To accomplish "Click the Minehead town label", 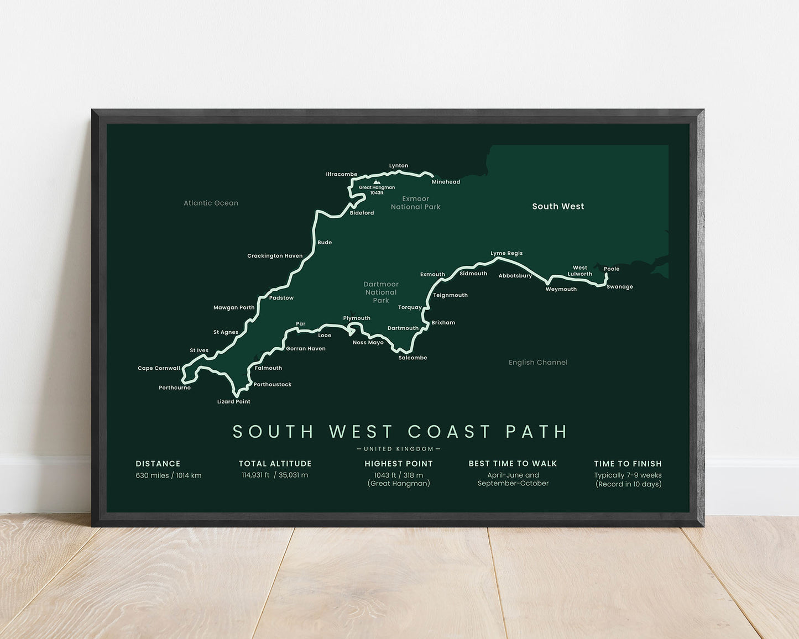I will click(446, 182).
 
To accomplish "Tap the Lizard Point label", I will click(233, 402).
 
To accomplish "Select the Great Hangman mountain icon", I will click(377, 181).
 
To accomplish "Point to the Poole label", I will click(612, 269).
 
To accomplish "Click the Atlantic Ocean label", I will click(211, 203).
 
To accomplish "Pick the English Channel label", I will click(538, 363).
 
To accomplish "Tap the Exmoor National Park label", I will click(415, 203).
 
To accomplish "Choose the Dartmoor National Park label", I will click(381, 292).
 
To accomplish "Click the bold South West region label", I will click(558, 206).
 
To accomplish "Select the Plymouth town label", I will click(357, 318).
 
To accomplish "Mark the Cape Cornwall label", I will click(159, 369).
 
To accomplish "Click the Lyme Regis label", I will click(506, 254).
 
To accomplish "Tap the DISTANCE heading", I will click(158, 464).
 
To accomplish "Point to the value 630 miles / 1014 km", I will click(169, 475).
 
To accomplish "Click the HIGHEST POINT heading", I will click(399, 464).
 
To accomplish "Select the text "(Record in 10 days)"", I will click(628, 484).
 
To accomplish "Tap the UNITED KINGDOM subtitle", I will click(399, 449).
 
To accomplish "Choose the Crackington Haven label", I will click(275, 256).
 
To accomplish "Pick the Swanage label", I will click(619, 287).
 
